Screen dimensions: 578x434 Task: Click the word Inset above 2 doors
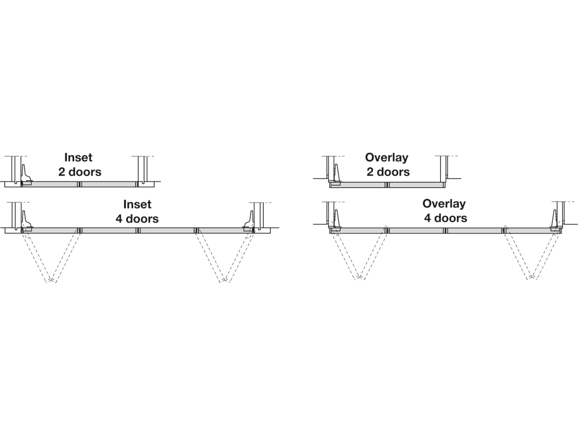point(78,157)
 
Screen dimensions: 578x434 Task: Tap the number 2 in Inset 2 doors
point(62,172)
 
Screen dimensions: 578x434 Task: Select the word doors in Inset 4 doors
point(142,219)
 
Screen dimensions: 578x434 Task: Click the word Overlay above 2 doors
point(387,158)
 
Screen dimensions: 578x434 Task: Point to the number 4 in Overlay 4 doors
point(427,218)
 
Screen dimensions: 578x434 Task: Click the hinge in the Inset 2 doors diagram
point(26,175)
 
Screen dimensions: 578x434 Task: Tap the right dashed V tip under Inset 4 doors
point(224,281)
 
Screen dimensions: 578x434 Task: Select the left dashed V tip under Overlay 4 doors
point(360,277)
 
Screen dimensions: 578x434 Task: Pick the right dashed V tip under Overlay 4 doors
point(532,277)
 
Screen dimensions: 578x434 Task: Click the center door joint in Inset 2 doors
point(80,184)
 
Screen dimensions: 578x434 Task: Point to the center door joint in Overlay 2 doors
point(387,185)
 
